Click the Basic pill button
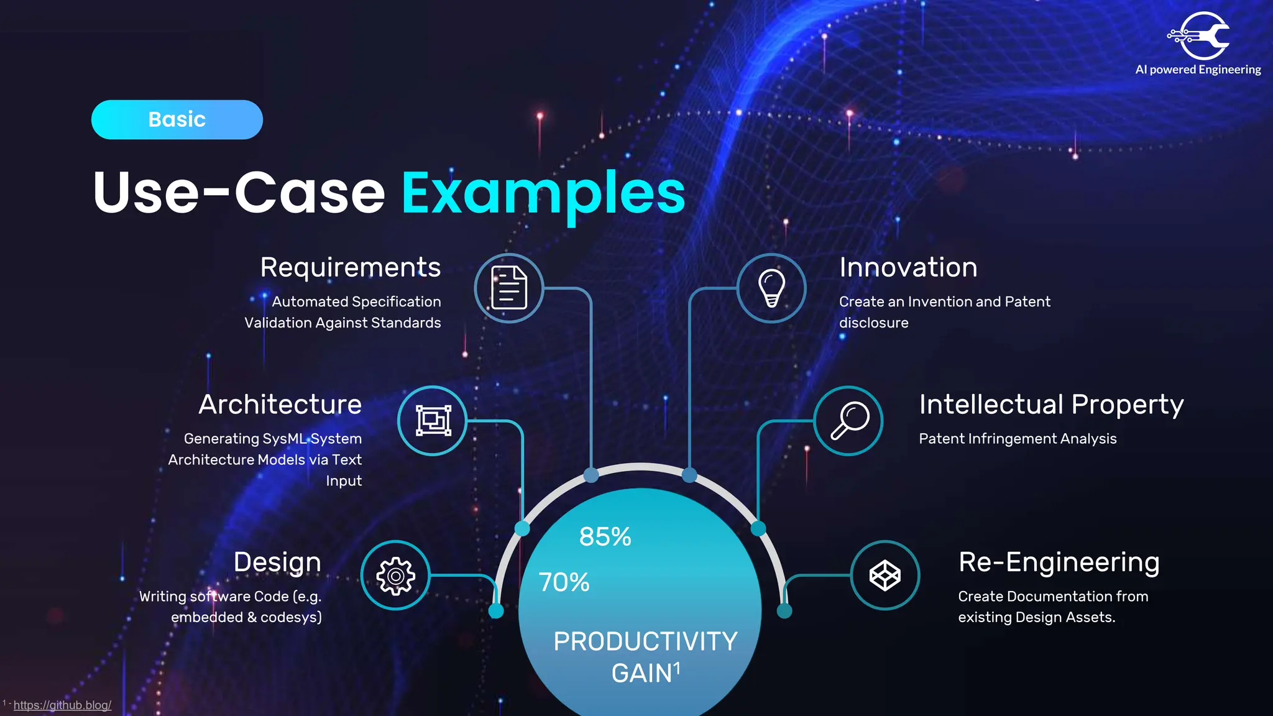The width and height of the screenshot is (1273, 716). point(177,119)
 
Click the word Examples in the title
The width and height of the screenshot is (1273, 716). point(543,193)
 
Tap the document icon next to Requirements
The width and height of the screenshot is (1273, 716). point(509,288)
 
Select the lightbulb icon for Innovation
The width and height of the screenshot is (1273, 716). point(771,288)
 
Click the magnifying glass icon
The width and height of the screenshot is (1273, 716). point(848,421)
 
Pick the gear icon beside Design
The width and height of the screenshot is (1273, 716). point(395,576)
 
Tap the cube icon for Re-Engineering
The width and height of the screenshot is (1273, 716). point(885,576)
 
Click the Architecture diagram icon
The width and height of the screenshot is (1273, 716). point(433,421)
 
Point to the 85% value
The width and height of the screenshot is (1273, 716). point(605,536)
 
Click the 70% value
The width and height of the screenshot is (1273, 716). point(564,582)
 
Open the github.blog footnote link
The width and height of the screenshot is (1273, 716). point(62,705)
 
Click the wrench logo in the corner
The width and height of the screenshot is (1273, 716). point(1200,36)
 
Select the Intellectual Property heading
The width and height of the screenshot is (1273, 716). point(1051,405)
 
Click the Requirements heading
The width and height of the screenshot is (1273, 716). point(351,268)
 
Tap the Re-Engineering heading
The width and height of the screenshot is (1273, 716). point(1059,562)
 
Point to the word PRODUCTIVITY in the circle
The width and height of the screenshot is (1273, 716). point(645,641)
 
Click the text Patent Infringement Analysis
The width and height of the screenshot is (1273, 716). point(1018,439)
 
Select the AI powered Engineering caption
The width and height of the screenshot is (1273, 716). point(1198,70)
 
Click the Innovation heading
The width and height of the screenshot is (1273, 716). point(908,268)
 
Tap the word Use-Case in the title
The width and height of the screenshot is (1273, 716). point(239,193)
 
